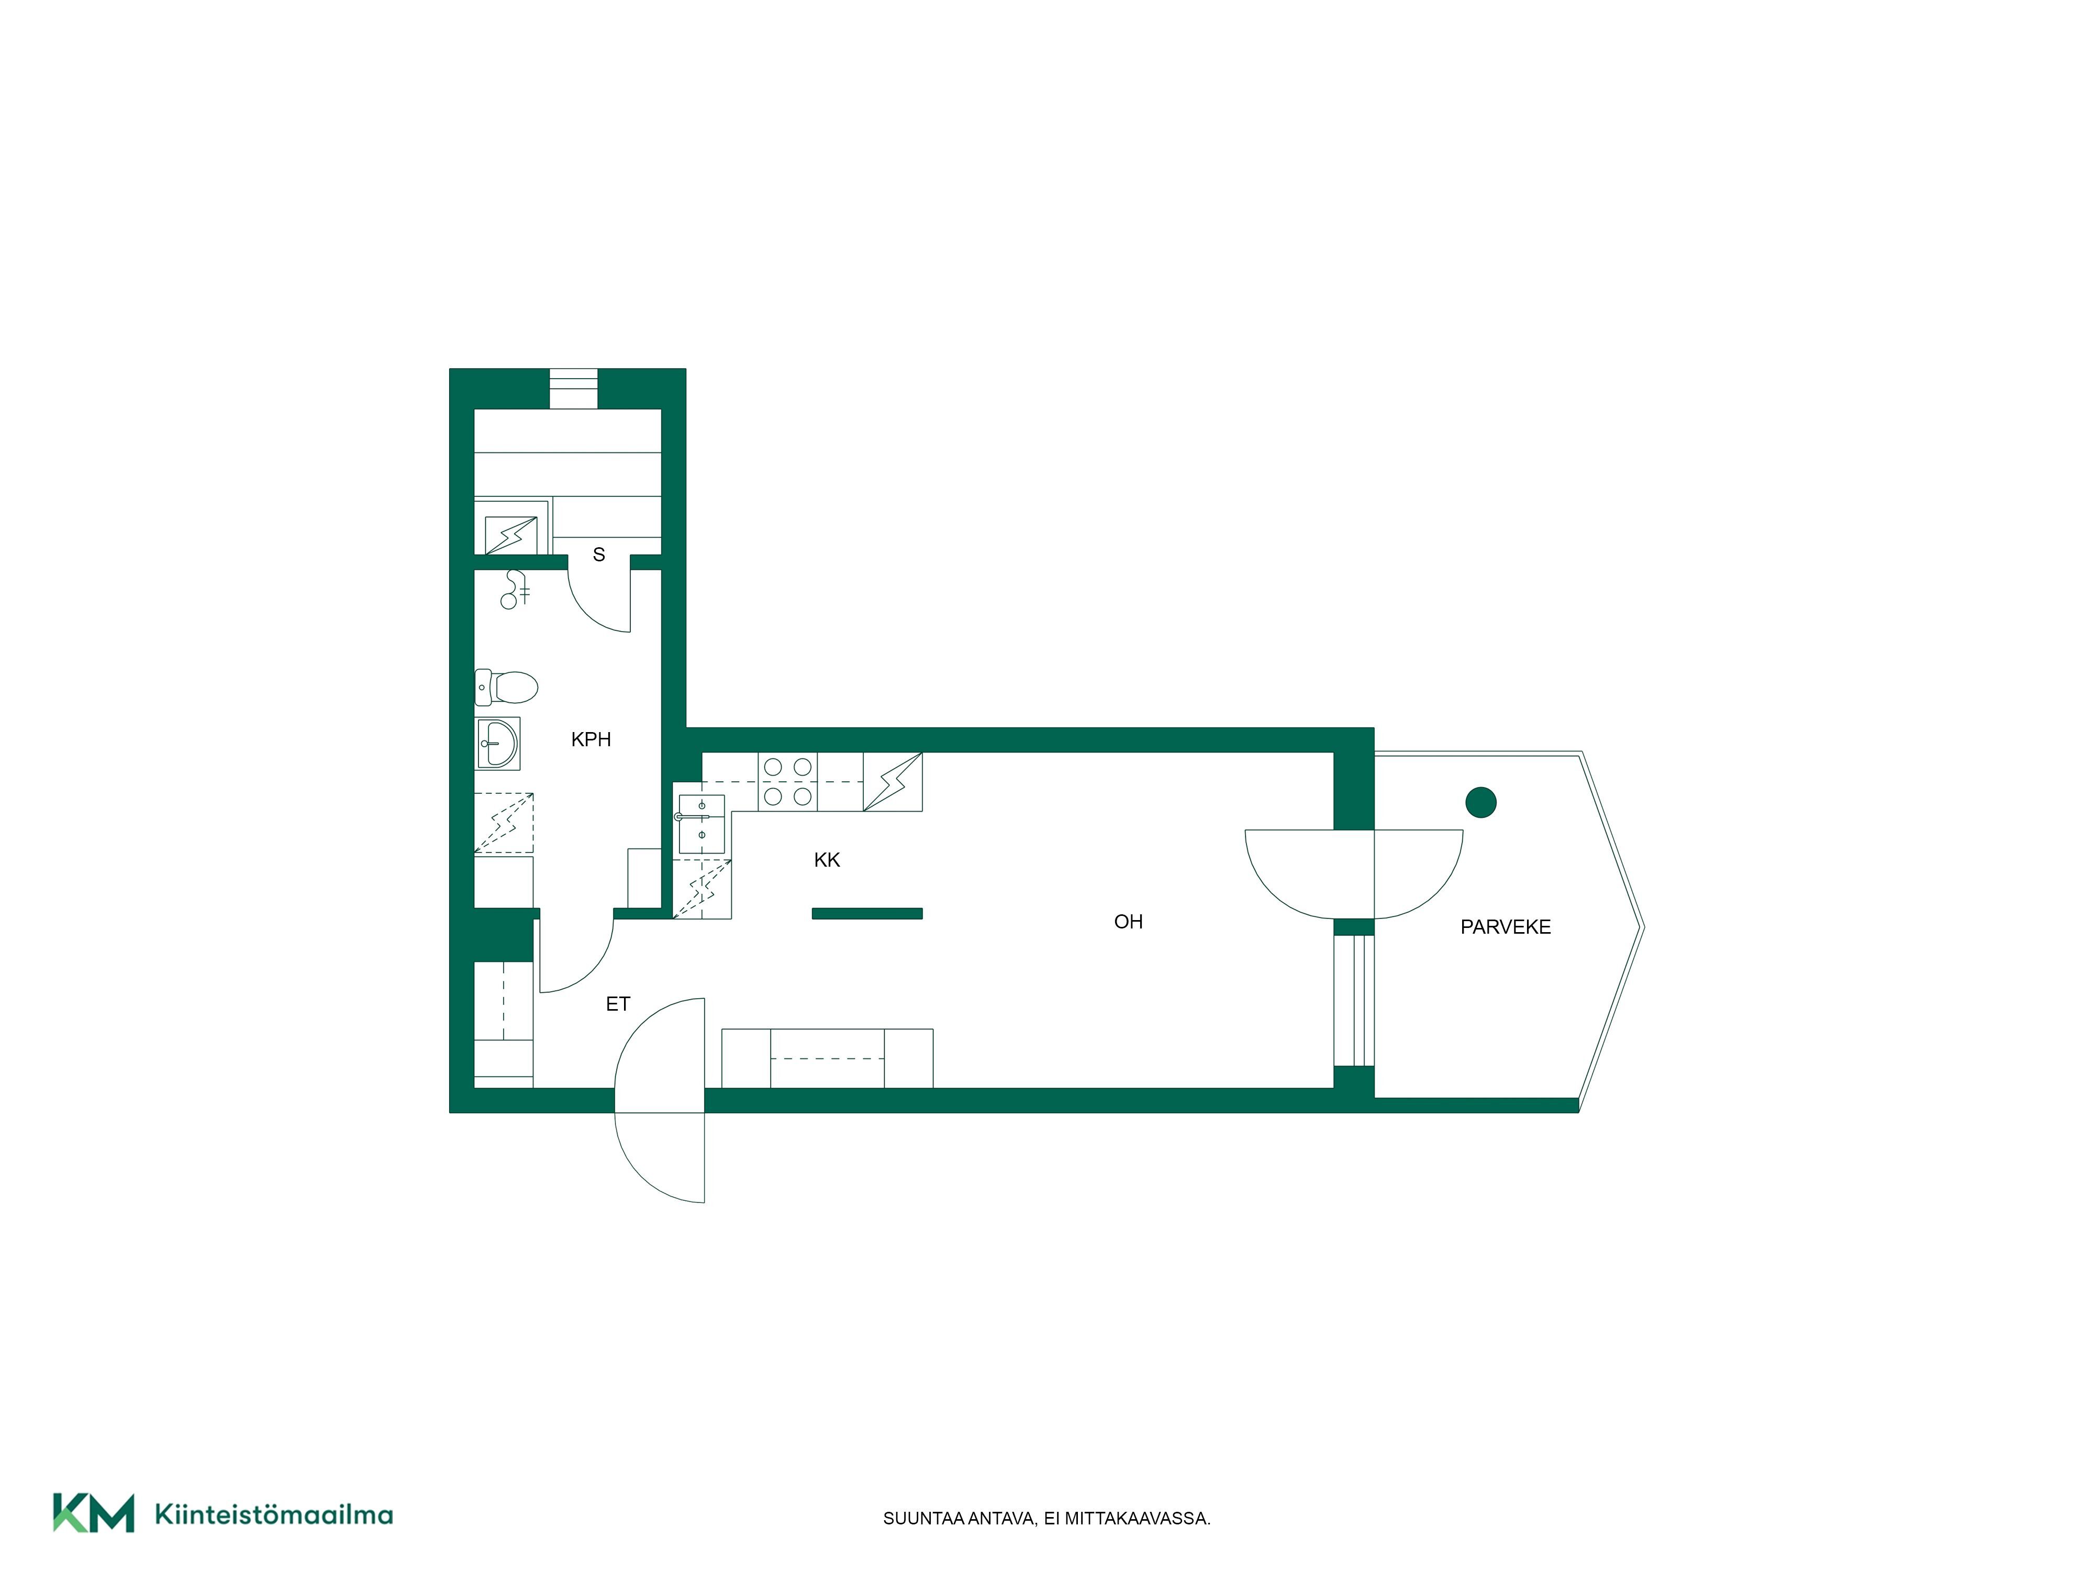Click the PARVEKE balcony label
coord(1505,927)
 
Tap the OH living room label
coord(1129,921)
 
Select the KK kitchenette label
coord(827,860)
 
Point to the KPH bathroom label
coord(591,739)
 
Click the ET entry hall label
coord(617,1004)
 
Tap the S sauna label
coord(598,555)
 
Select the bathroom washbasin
coord(497,744)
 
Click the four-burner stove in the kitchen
coord(788,781)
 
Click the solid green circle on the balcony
coord(1480,803)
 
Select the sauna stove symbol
coord(511,535)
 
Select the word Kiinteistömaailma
coord(274,1514)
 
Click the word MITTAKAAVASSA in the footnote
coord(1137,1518)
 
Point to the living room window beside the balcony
coord(1354,1001)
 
